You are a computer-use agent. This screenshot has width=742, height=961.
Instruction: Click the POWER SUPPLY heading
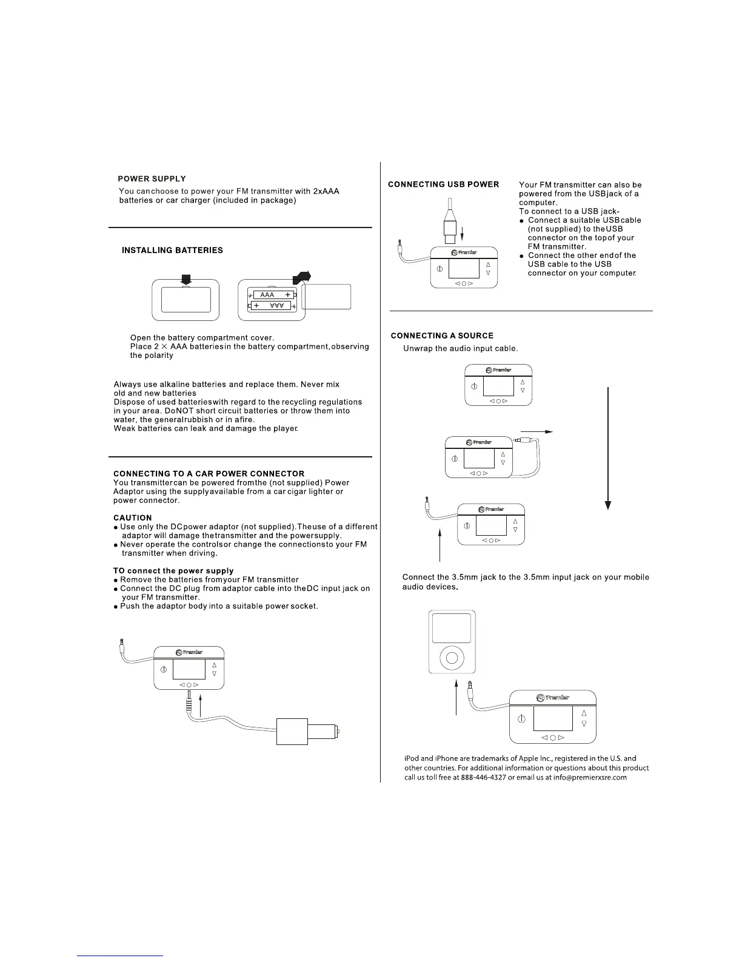(x=152, y=179)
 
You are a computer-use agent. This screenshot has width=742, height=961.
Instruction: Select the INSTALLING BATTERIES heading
(x=172, y=251)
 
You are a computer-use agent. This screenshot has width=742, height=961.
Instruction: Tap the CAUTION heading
(x=133, y=518)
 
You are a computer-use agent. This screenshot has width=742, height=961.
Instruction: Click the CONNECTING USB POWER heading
(x=443, y=184)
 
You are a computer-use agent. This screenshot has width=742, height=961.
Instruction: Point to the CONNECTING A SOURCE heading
(x=442, y=336)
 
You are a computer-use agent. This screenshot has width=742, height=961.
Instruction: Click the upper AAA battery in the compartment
(x=272, y=294)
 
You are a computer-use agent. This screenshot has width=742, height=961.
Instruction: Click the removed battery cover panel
(x=326, y=297)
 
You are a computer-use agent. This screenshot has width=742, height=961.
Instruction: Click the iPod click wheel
(x=451, y=656)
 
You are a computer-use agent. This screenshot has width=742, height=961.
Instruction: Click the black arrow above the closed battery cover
(x=186, y=279)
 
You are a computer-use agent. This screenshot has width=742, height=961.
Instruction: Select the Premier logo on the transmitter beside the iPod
(x=552, y=698)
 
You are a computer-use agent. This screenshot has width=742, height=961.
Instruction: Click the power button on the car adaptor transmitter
(x=164, y=670)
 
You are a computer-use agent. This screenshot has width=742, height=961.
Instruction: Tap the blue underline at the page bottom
(x=120, y=956)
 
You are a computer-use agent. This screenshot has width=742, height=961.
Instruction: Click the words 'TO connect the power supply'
(x=173, y=571)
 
